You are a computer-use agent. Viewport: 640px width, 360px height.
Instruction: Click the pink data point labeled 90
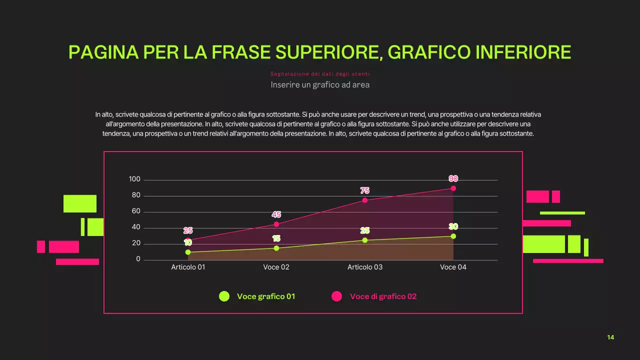click(453, 188)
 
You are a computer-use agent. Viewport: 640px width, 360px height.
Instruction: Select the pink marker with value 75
click(364, 200)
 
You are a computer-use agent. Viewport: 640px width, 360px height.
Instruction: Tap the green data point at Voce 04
click(453, 236)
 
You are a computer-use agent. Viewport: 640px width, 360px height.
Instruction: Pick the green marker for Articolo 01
click(188, 252)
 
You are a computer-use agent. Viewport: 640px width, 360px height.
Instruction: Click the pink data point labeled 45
click(276, 224)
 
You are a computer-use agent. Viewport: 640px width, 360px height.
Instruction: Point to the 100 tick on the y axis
click(134, 179)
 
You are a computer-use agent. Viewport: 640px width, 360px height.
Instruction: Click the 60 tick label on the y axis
click(136, 211)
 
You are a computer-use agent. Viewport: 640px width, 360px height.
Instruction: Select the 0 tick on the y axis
click(138, 259)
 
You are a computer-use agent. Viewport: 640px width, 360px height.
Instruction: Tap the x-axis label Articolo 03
click(365, 267)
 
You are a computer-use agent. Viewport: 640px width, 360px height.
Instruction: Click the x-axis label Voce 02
click(276, 267)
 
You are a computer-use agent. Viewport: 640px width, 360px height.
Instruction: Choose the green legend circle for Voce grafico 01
click(224, 296)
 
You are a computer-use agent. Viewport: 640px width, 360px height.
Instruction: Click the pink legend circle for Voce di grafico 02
click(336, 296)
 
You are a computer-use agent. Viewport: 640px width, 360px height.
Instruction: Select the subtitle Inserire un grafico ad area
click(320, 84)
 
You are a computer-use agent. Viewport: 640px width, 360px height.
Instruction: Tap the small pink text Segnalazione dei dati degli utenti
click(320, 74)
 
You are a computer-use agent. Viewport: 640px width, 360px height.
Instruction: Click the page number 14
click(610, 337)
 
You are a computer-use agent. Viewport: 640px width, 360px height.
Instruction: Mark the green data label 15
click(276, 238)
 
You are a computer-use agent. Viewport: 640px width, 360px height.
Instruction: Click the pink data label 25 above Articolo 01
click(188, 230)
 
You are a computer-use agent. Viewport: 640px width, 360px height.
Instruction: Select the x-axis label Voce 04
click(453, 267)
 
